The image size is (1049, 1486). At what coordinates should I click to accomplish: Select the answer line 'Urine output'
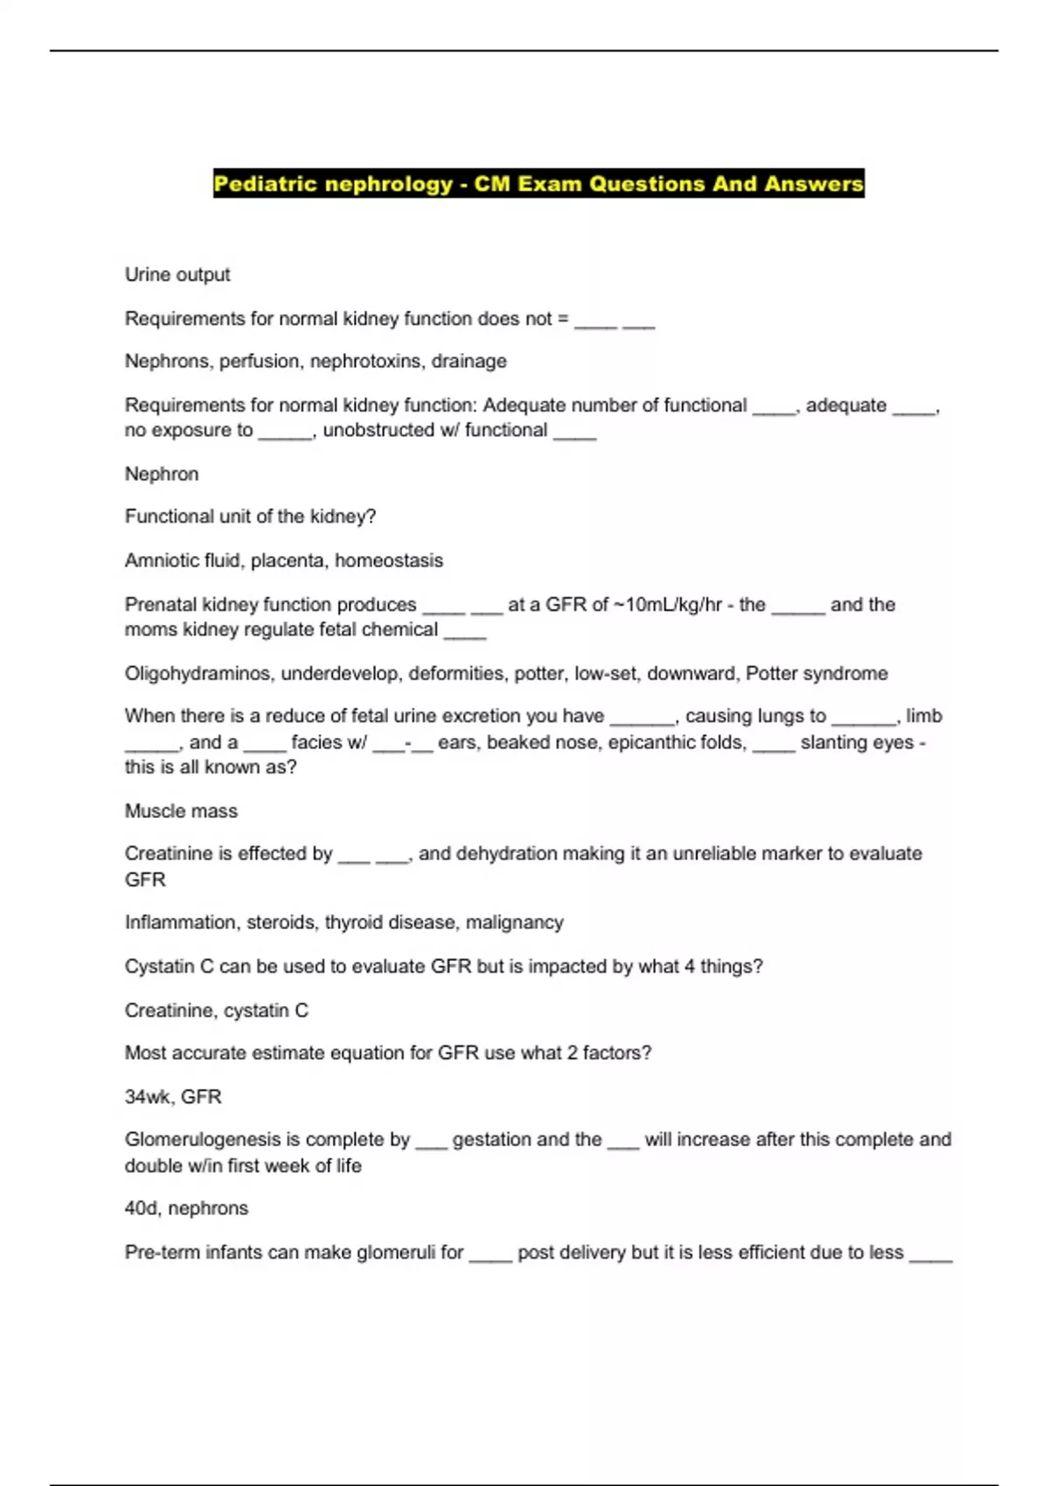pos(177,274)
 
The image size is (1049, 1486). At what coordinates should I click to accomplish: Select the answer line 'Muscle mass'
pos(181,811)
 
